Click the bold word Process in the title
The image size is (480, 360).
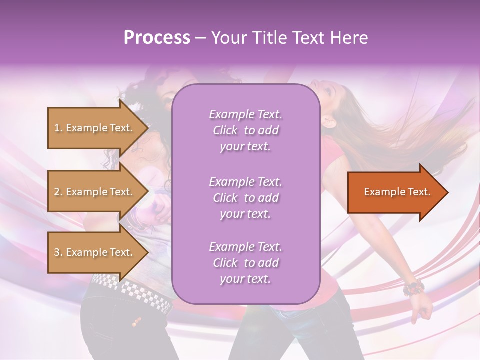157,38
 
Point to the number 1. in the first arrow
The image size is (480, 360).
58,128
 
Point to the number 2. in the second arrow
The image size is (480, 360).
58,192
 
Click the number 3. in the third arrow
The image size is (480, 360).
58,252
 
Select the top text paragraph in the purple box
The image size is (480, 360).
245,130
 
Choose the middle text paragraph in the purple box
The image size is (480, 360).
245,198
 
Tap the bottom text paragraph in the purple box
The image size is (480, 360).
245,263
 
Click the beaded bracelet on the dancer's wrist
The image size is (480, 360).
413,288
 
